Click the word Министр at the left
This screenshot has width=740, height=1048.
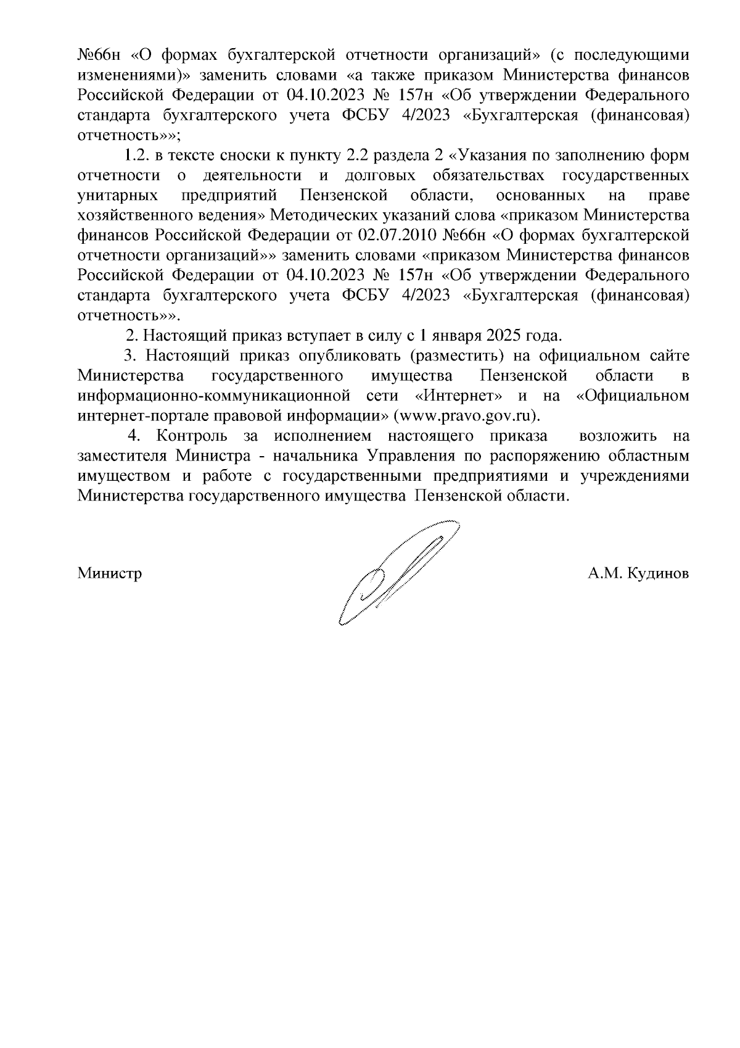click(110, 573)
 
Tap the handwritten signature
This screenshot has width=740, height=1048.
click(395, 571)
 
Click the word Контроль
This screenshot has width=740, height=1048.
click(191, 436)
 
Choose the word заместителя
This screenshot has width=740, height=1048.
click(121, 456)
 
